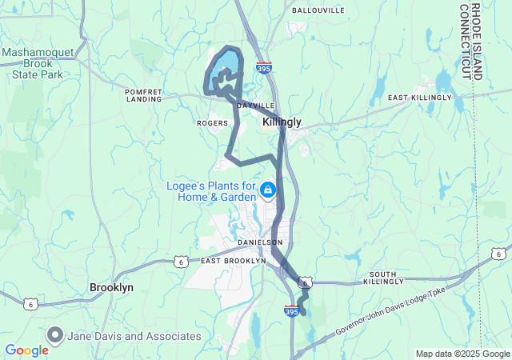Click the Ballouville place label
(318, 10)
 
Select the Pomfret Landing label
(144, 96)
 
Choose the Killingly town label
(282, 122)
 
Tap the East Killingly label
(420, 98)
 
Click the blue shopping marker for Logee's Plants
(268, 190)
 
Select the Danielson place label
(260, 242)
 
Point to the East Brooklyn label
(233, 261)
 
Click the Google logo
(26, 350)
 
